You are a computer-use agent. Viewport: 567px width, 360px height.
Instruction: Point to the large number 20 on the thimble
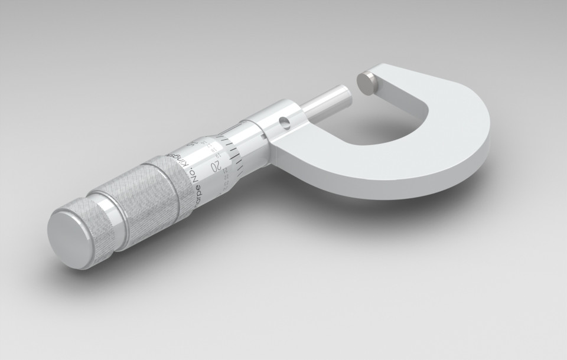217,165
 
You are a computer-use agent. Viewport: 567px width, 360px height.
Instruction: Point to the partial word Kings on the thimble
184,160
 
